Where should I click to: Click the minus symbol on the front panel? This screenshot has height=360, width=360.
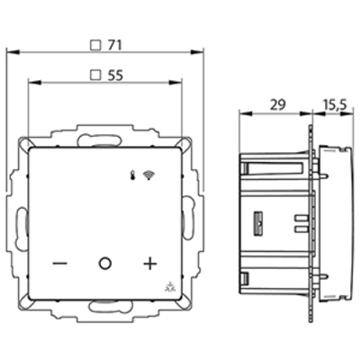59,265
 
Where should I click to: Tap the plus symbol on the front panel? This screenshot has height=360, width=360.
149,265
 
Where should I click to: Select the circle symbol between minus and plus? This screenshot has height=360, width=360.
104,265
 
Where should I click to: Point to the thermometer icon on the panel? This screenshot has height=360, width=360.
132,168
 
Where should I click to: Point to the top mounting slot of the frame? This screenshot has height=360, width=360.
104,140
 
